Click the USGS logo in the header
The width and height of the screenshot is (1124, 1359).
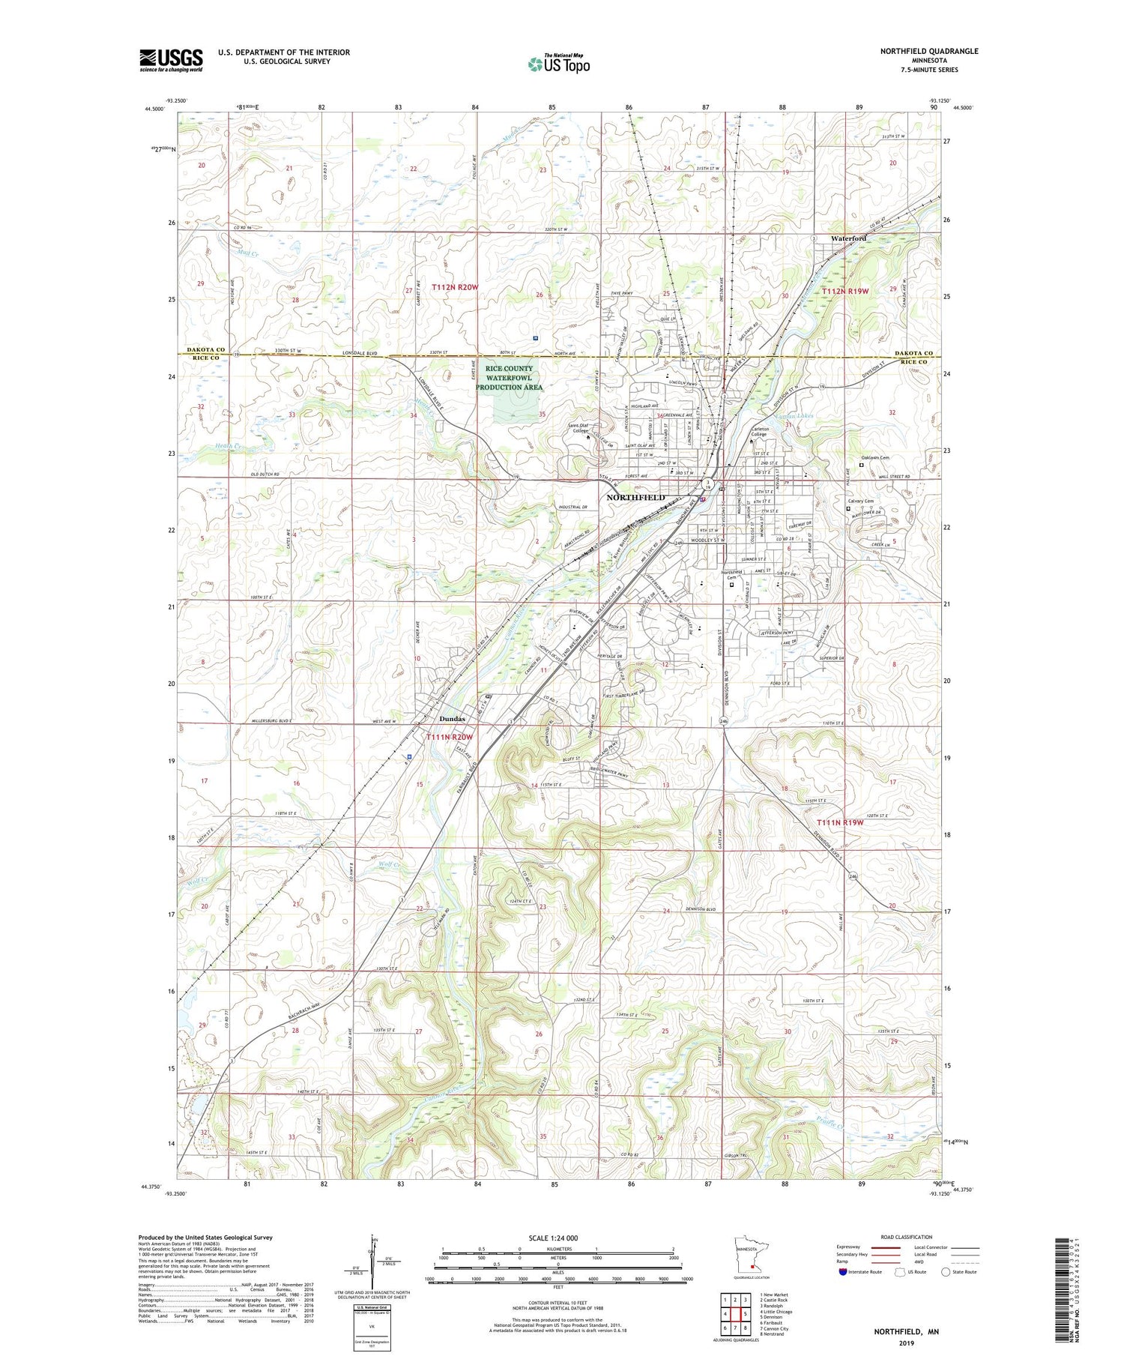pos(171,60)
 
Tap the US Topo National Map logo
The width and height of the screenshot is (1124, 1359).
pos(558,64)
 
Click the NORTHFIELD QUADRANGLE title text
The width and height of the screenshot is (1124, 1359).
pos(929,51)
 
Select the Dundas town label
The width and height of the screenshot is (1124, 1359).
pos(452,719)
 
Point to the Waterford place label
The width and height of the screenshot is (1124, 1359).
pos(848,238)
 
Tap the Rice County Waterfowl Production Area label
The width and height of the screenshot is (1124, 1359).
pos(509,378)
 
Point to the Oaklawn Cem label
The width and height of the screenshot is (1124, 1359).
pos(874,458)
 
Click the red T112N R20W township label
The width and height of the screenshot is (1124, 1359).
pos(454,288)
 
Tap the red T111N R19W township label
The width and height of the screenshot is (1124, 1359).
pos(839,822)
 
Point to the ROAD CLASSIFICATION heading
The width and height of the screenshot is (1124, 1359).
pos(907,1237)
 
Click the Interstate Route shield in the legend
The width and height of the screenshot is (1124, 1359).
pos(843,1272)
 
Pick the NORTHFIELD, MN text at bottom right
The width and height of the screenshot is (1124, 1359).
pos(906,1332)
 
